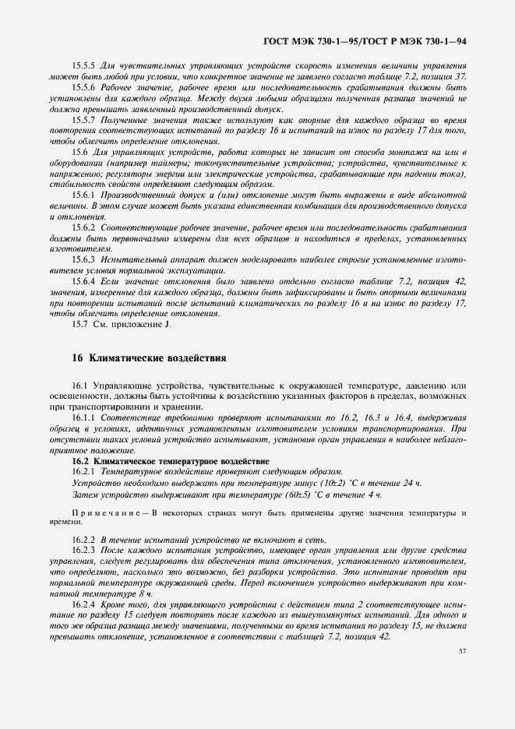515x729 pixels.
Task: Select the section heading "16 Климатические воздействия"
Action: pos(148,358)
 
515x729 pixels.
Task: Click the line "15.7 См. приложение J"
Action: pos(121,323)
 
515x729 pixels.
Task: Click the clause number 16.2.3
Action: pos(83,551)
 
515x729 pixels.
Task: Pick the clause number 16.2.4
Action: pos(83,604)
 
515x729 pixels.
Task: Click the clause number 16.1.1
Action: pos(83,418)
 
